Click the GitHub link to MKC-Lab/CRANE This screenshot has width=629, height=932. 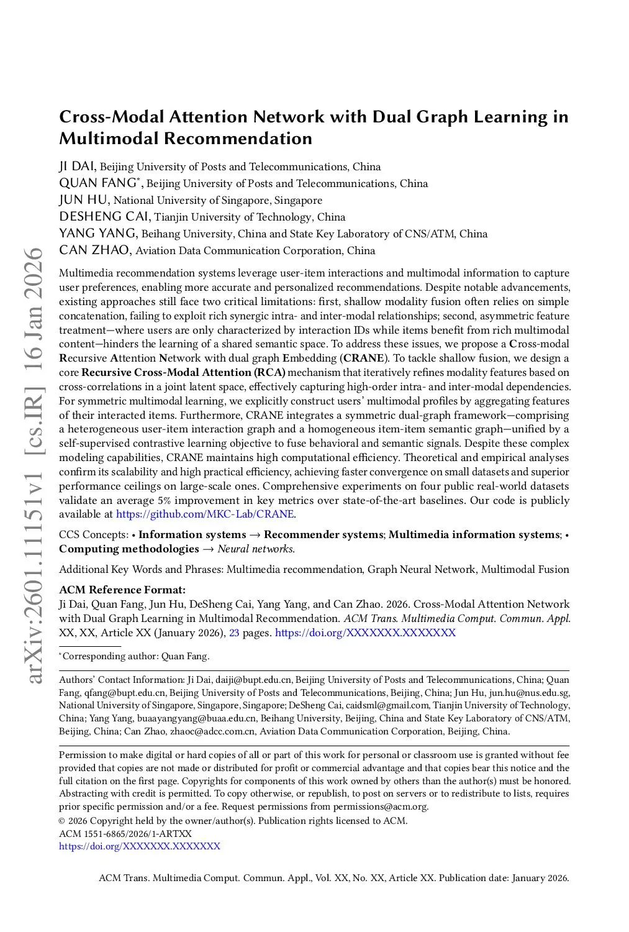pyautogui.click(x=206, y=514)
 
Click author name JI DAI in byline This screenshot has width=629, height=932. pyautogui.click(x=77, y=167)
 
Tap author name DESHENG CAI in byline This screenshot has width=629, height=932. pyautogui.click(x=104, y=217)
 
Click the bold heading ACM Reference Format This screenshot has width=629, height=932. pyautogui.click(x=122, y=590)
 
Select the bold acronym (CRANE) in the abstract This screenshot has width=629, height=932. pyautogui.click(x=363, y=359)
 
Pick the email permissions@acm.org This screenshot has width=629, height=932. pyautogui.click(x=380, y=806)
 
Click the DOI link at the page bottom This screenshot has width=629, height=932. pyautogui.click(x=139, y=846)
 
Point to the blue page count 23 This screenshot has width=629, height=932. pyautogui.click(x=234, y=633)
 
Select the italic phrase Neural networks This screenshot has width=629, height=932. pyautogui.click(x=256, y=549)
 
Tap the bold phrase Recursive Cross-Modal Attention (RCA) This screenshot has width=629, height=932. pyautogui.click(x=183, y=373)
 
